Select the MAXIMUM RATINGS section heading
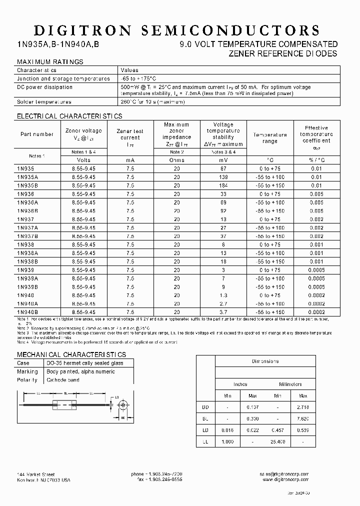click(50, 61)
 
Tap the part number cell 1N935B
click(28, 185)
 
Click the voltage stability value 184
click(223, 185)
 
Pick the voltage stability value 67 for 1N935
click(223, 168)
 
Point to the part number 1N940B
click(28, 312)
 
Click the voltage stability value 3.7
click(223, 312)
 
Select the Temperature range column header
click(269, 138)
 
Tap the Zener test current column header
click(130, 134)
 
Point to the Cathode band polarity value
click(63, 380)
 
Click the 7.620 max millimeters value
click(303, 417)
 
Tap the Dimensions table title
click(265, 361)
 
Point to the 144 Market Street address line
click(35, 474)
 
